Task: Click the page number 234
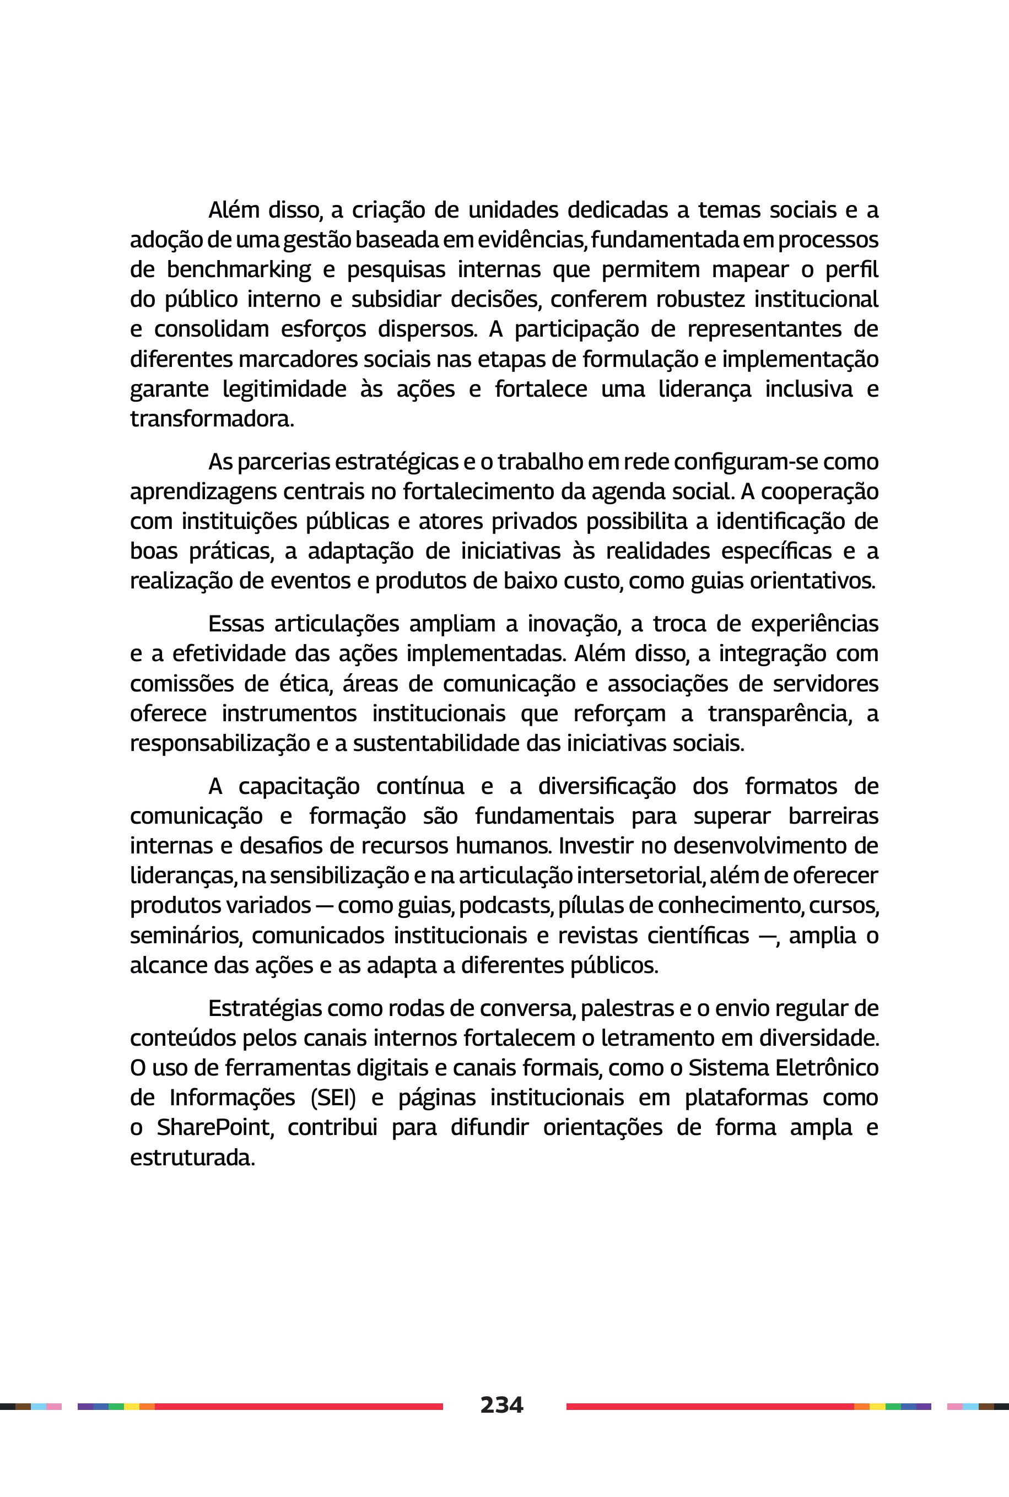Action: click(x=501, y=1404)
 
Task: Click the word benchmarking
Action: click(x=239, y=269)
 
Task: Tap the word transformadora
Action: click(x=212, y=419)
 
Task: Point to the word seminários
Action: click(x=186, y=936)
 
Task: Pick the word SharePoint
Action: click(x=215, y=1128)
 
